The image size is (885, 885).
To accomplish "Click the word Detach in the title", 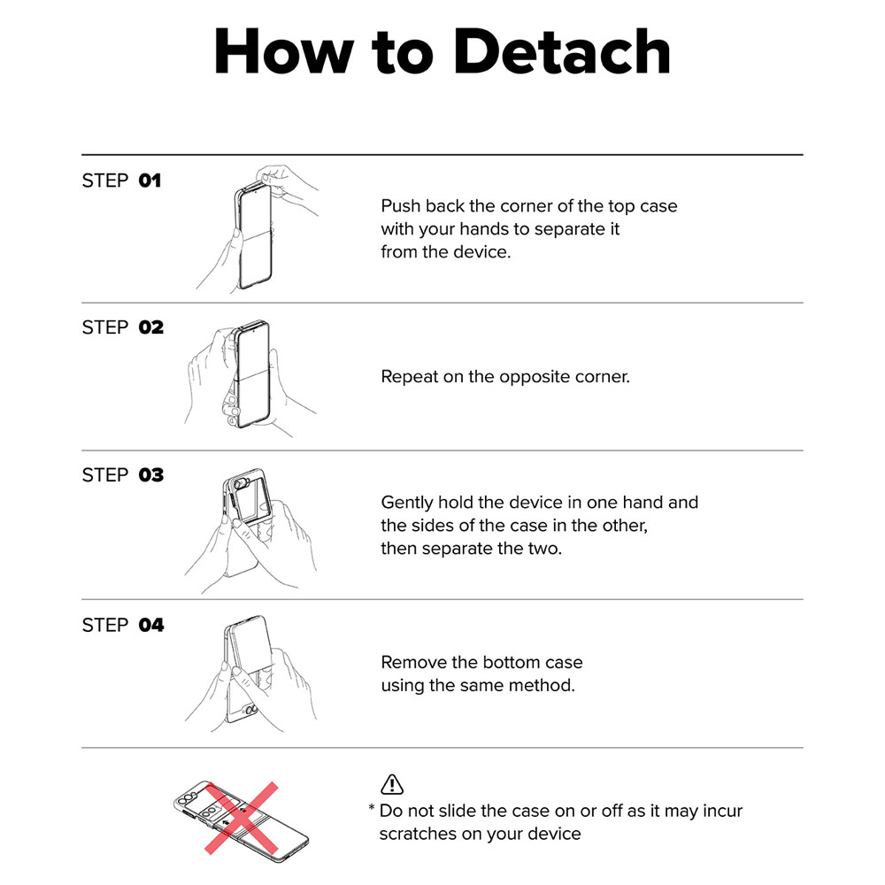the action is (x=562, y=51).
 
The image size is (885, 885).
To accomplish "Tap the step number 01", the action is (x=150, y=181).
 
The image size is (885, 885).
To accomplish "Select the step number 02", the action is (x=150, y=327).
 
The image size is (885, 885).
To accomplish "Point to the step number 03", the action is (x=150, y=475).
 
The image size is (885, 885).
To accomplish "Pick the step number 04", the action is (x=150, y=626).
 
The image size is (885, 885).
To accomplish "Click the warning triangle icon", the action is (x=392, y=783).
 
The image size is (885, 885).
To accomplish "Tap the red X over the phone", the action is (x=241, y=818).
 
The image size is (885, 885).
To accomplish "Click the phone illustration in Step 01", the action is (x=253, y=237).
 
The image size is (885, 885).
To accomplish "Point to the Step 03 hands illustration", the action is (x=251, y=530).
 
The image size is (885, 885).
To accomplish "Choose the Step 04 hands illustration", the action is (x=251, y=674).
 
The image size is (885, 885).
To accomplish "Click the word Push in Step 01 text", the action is (x=400, y=206).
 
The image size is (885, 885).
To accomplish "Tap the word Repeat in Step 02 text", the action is (x=409, y=377).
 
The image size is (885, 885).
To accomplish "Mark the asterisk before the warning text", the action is (x=372, y=808).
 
